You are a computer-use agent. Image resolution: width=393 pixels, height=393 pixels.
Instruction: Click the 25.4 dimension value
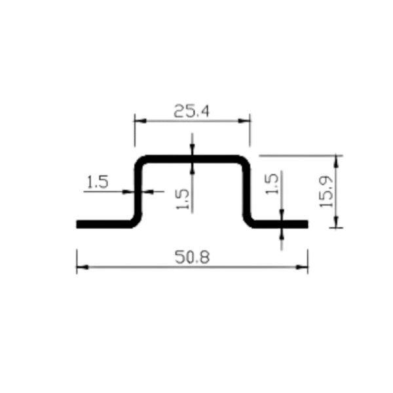coord(191,111)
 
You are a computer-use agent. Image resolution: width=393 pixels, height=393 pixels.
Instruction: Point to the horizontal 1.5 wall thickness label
coord(98,181)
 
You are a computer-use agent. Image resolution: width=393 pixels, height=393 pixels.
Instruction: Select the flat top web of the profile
coord(191,158)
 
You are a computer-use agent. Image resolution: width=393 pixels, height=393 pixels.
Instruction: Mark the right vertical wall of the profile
coord(247,190)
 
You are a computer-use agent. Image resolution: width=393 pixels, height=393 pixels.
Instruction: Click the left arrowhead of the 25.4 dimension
coord(136,121)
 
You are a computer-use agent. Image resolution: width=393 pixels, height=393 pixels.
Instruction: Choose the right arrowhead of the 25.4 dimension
coord(246,121)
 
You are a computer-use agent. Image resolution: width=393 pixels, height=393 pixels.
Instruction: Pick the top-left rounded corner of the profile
coord(141,160)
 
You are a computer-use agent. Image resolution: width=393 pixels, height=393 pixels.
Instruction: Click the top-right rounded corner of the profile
coord(244,160)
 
